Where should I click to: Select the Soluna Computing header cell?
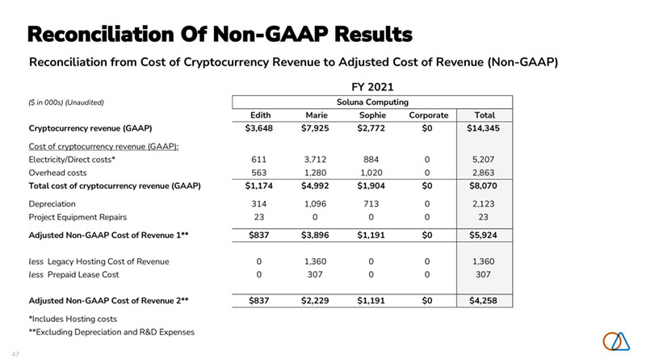[371, 102]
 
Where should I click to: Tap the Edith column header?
[260, 115]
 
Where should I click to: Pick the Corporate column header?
[427, 115]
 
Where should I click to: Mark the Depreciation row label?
[52, 203]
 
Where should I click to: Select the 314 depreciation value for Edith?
[260, 203]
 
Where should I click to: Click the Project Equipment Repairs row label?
[78, 216]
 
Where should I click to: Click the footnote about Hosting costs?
[73, 319]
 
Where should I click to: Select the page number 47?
[15, 354]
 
